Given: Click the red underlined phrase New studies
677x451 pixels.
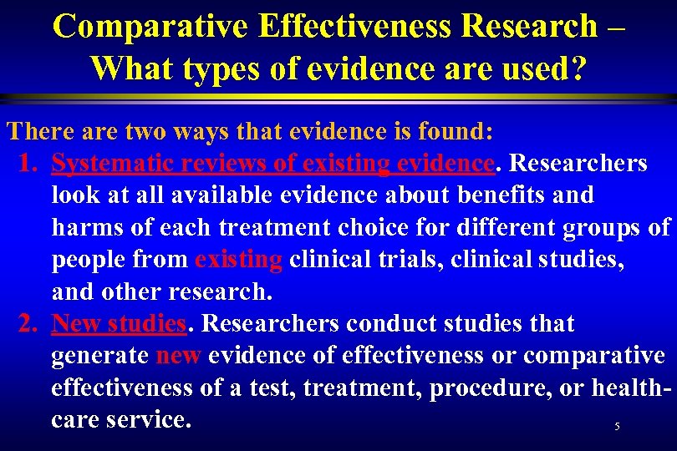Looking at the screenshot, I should tap(118, 323).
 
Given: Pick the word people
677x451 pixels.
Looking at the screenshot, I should tap(88, 260).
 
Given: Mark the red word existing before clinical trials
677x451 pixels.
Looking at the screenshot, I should tap(238, 260).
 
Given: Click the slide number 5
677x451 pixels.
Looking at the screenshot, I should tap(617, 427).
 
